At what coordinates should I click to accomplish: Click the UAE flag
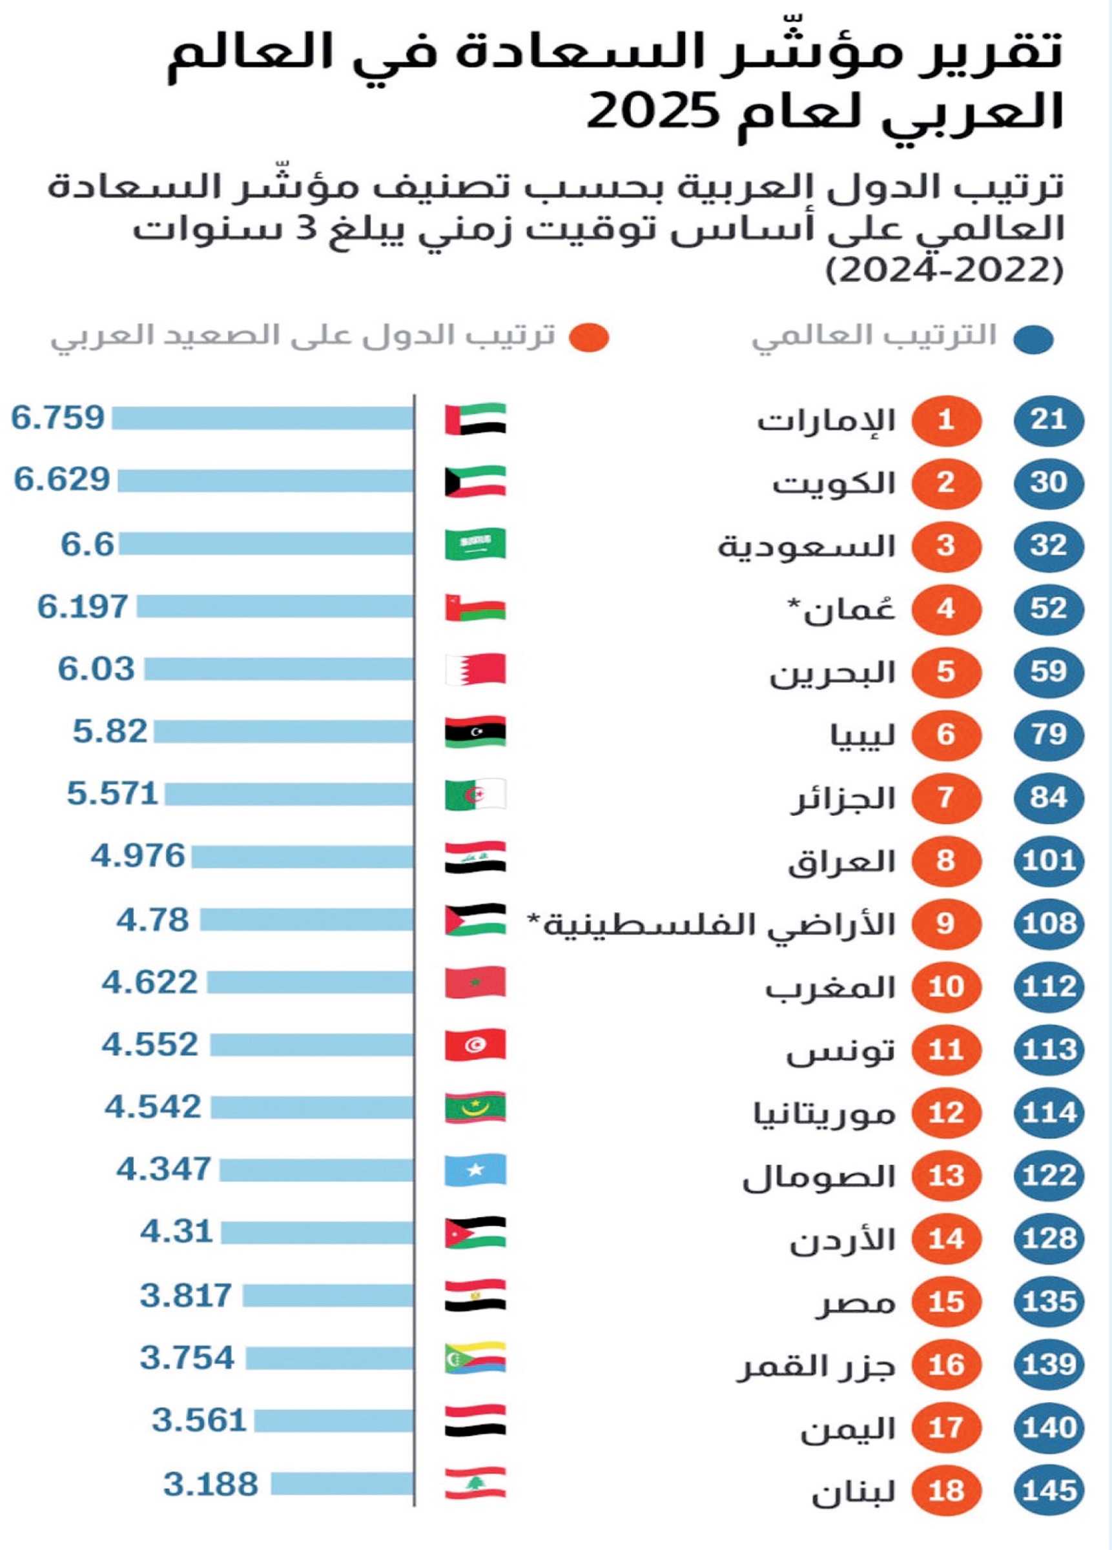(475, 419)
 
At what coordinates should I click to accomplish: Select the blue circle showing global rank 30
(1049, 482)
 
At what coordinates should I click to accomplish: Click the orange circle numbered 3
(946, 546)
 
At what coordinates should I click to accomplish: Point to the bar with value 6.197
(274, 606)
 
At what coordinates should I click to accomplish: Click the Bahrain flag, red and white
(475, 669)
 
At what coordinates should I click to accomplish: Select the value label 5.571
(113, 794)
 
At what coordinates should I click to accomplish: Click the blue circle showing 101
(1049, 861)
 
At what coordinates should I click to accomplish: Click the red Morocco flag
(475, 983)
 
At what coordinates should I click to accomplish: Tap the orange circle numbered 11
(946, 1050)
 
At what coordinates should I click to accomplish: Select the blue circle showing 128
(1049, 1239)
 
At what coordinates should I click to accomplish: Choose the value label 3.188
(211, 1484)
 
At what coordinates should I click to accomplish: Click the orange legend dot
(589, 338)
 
